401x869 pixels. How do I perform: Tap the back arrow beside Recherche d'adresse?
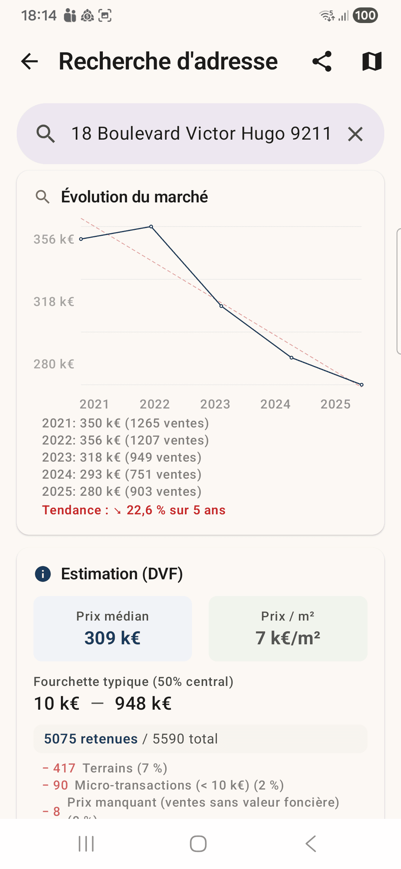pyautogui.click(x=30, y=61)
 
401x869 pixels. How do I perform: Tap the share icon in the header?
pyautogui.click(x=322, y=61)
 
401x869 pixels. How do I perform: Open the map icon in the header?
pyautogui.click(x=372, y=61)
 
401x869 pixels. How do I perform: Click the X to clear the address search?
pyautogui.click(x=355, y=134)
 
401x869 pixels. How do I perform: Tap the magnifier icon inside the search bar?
pyautogui.click(x=46, y=134)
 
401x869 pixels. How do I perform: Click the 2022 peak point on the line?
pyautogui.click(x=151, y=227)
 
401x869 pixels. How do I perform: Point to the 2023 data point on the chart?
pyautogui.click(x=221, y=306)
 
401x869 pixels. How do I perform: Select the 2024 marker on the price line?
pyautogui.click(x=291, y=358)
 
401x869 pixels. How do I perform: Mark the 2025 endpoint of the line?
pyautogui.click(x=362, y=385)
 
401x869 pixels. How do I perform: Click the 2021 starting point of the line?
pyautogui.click(x=81, y=239)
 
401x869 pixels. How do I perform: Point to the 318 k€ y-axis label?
pyautogui.click(x=54, y=302)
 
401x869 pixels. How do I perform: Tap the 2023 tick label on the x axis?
pyautogui.click(x=215, y=404)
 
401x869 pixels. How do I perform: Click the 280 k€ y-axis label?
pyautogui.click(x=54, y=364)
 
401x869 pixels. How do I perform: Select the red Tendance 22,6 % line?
pyautogui.click(x=134, y=510)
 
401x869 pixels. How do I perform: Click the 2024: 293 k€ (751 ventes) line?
pyautogui.click(x=122, y=475)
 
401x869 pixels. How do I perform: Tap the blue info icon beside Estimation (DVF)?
pyautogui.click(x=43, y=574)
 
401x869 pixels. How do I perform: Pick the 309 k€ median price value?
pyautogui.click(x=113, y=638)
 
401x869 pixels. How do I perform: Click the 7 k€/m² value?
pyautogui.click(x=288, y=638)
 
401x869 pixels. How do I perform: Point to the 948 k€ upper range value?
pyautogui.click(x=143, y=703)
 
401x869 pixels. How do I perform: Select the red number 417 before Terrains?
pyautogui.click(x=64, y=768)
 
